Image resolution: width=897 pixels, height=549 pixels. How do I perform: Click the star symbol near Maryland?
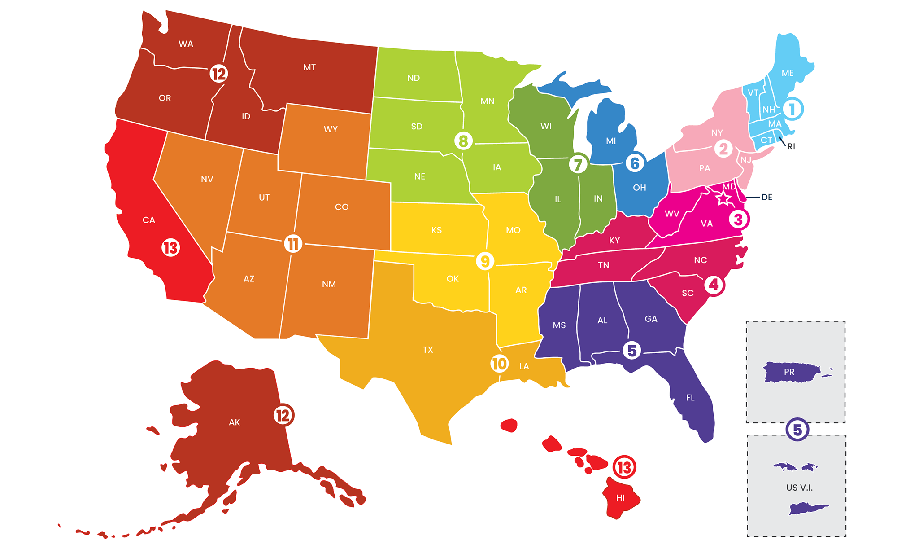(x=723, y=198)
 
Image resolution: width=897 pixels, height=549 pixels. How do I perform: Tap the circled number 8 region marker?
(x=463, y=141)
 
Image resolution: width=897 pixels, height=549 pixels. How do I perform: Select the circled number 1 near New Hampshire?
(x=792, y=109)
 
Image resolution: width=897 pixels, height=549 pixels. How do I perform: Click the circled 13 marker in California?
(x=171, y=247)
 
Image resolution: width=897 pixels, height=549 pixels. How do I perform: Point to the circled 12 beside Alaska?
(x=283, y=415)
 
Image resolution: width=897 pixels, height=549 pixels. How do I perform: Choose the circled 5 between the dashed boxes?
(x=797, y=430)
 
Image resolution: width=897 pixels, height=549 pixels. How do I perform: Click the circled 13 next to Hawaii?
(x=624, y=467)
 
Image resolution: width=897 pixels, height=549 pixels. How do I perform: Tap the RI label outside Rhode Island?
(x=791, y=146)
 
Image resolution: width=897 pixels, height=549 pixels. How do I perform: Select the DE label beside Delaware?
(x=767, y=197)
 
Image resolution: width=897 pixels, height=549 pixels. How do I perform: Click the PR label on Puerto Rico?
(x=789, y=372)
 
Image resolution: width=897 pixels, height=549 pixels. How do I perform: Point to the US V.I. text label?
(x=799, y=488)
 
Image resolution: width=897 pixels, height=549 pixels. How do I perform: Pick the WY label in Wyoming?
(x=331, y=129)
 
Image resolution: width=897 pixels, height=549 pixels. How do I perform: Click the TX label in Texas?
(x=428, y=350)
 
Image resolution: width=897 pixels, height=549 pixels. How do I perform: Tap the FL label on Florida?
(x=690, y=398)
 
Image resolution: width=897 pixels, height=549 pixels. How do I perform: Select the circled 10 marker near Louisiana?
(x=499, y=364)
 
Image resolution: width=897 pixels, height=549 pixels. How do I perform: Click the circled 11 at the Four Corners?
(x=293, y=244)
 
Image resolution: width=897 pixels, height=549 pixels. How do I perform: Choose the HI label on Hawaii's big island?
(x=620, y=498)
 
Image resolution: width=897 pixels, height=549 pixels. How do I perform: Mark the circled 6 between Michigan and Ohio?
(x=635, y=163)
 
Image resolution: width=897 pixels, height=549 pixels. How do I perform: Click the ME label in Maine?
(x=788, y=73)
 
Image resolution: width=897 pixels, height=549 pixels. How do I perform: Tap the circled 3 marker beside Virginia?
(x=738, y=219)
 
